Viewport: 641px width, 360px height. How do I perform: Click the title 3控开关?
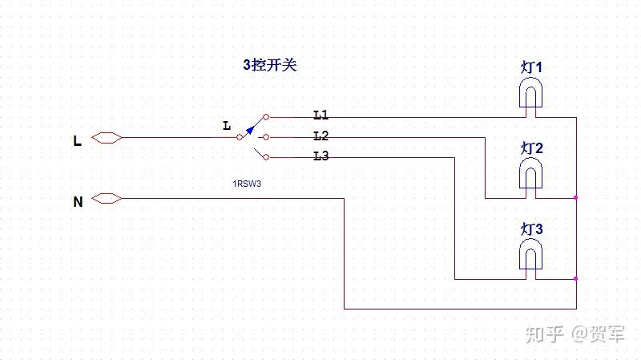click(269, 66)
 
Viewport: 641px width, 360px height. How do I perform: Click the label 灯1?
click(531, 67)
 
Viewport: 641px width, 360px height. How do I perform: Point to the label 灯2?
click(531, 148)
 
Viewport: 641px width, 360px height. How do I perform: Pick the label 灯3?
click(531, 229)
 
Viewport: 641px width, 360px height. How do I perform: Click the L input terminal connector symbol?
click(107, 138)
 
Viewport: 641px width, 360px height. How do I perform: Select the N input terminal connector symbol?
click(107, 198)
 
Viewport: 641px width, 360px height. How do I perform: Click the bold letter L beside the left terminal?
click(77, 141)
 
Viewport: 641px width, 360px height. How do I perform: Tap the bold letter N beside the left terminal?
click(78, 202)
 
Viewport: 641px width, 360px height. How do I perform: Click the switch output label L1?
click(320, 115)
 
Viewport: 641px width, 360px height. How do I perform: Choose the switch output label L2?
click(320, 136)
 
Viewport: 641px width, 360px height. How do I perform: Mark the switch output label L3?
click(320, 156)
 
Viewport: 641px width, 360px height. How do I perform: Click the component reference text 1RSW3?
click(248, 184)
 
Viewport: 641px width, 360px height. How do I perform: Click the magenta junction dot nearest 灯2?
click(576, 197)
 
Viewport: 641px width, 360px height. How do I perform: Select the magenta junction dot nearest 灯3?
click(576, 278)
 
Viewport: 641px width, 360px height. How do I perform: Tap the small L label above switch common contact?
click(226, 126)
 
